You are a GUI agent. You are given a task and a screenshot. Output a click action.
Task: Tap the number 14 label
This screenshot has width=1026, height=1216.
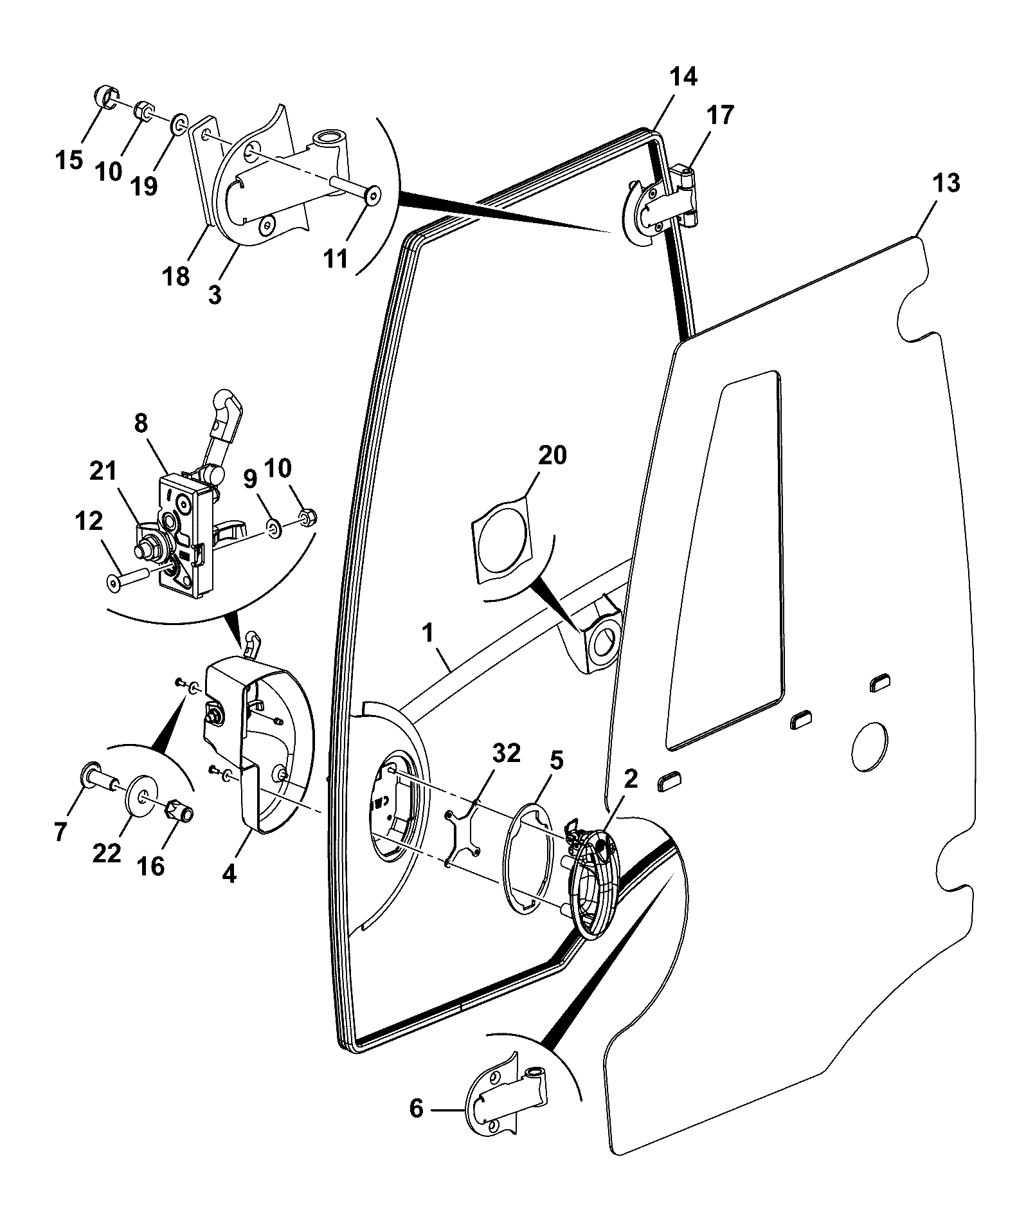point(683,77)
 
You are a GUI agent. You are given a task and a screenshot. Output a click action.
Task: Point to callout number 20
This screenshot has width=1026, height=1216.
point(552,455)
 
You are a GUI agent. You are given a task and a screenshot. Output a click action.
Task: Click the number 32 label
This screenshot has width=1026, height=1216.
point(505,753)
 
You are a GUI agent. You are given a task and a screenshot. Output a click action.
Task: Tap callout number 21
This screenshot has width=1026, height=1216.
point(104,472)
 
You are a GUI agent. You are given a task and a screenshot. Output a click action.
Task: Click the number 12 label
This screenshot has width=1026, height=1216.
point(89,522)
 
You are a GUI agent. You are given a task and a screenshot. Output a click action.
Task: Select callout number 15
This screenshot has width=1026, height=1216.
point(69,159)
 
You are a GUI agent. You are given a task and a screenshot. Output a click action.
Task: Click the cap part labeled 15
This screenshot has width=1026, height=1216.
point(107,98)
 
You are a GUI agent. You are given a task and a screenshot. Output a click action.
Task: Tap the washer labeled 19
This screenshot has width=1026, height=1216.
point(180,123)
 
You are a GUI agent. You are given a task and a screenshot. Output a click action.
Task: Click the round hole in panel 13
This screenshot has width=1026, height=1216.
point(869,746)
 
